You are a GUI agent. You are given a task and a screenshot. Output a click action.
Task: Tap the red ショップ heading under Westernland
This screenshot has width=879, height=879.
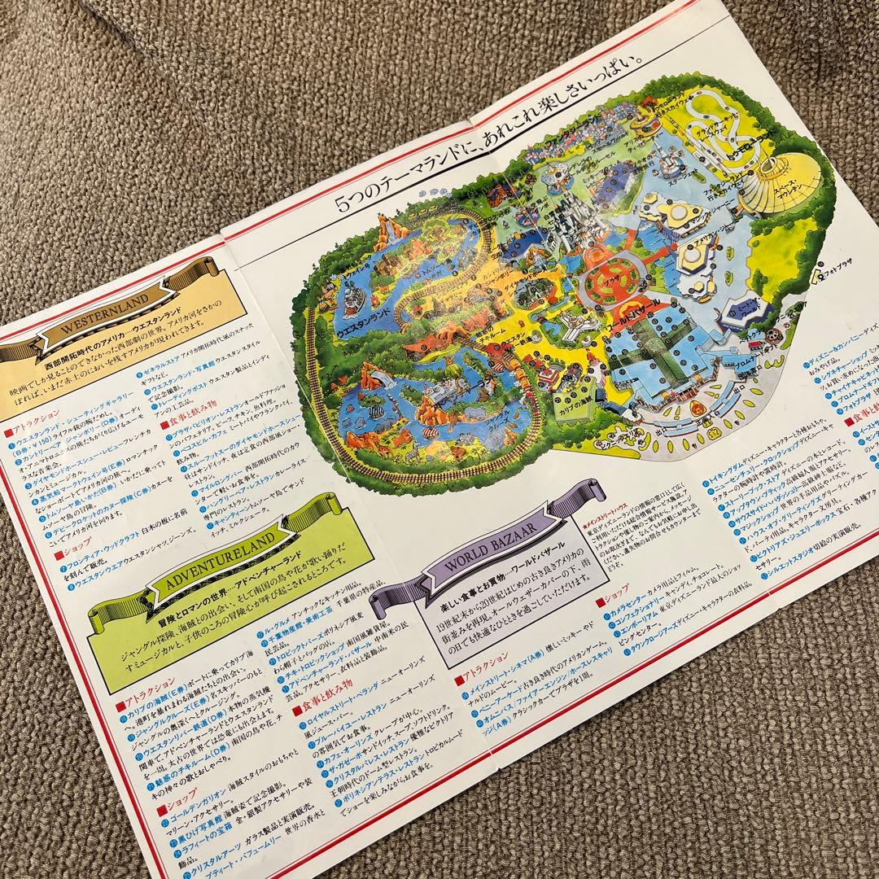[70, 553]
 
